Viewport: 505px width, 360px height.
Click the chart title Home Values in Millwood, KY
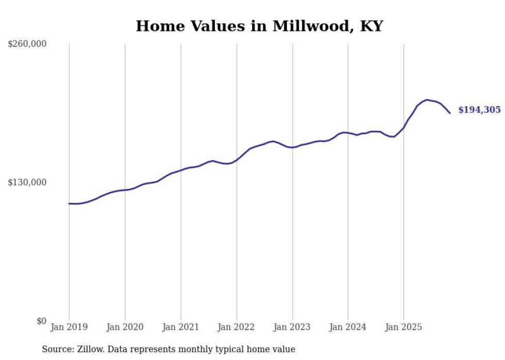pyautogui.click(x=259, y=26)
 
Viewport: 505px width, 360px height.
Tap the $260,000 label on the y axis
pyautogui.click(x=27, y=44)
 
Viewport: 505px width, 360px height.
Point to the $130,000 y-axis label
pyautogui.click(x=27, y=182)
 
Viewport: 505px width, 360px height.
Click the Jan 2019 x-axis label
pyautogui.click(x=69, y=327)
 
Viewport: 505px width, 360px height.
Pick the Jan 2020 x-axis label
pyautogui.click(x=125, y=327)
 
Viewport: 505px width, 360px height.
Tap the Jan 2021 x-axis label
pyautogui.click(x=180, y=327)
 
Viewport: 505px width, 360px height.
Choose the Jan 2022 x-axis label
pyautogui.click(x=236, y=327)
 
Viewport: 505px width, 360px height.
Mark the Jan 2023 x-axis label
pyautogui.click(x=292, y=327)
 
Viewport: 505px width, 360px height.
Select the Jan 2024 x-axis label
pyautogui.click(x=348, y=327)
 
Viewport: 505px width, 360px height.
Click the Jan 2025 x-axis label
pyautogui.click(x=403, y=327)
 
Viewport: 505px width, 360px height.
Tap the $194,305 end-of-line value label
pyautogui.click(x=479, y=110)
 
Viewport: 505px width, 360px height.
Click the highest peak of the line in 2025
pyautogui.click(x=427, y=99)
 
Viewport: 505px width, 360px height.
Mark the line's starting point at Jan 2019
pyautogui.click(x=69, y=203)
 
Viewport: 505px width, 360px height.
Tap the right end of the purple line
pyautogui.click(x=450, y=113)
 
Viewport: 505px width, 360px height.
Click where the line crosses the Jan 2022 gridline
pyautogui.click(x=237, y=160)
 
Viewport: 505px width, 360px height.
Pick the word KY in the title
pyautogui.click(x=371, y=26)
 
